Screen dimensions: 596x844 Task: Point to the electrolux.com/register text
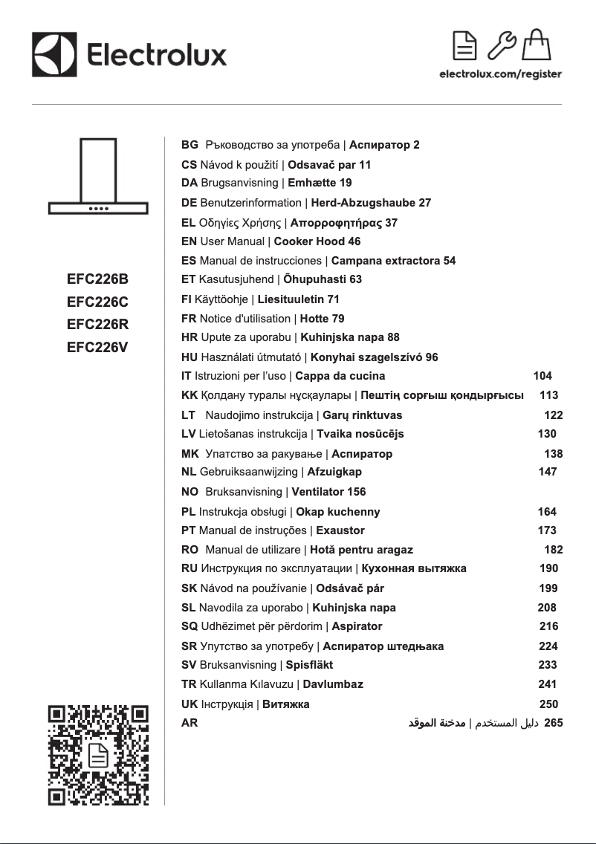click(x=500, y=74)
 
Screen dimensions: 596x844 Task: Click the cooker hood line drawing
click(x=97, y=177)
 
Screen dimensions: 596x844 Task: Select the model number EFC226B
click(x=97, y=279)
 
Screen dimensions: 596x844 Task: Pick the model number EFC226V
click(x=97, y=345)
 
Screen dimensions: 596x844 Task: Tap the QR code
click(x=98, y=755)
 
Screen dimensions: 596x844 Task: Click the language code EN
click(x=189, y=241)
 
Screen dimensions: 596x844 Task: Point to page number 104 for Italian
click(x=542, y=376)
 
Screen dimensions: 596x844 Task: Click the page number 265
click(x=554, y=722)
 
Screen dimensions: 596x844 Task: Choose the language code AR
click(x=190, y=722)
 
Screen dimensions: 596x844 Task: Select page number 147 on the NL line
click(x=547, y=472)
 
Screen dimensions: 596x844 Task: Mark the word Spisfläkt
click(x=309, y=665)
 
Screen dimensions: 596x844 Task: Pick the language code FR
click(x=189, y=319)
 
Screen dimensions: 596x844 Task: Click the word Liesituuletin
click(x=291, y=299)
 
